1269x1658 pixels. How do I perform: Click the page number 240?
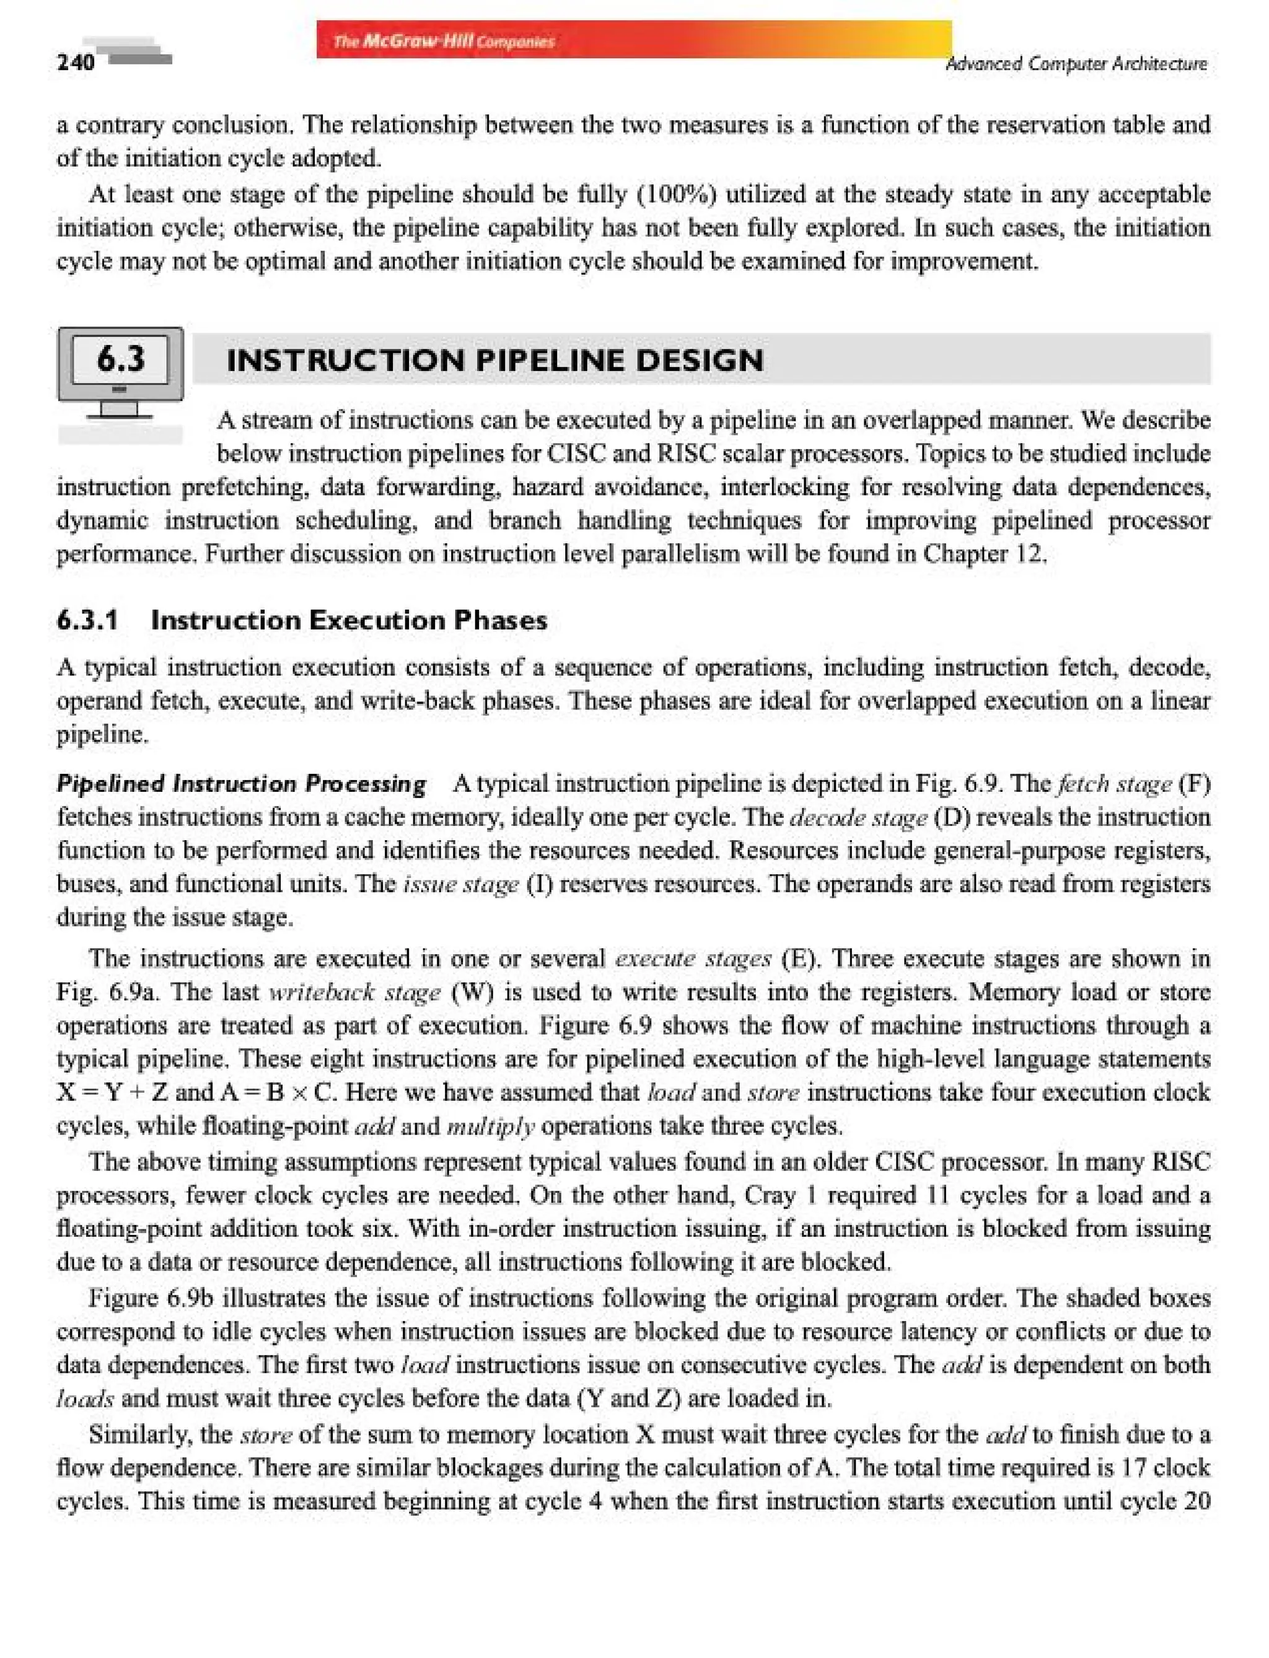pos(76,62)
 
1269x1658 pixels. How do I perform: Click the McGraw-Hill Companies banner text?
pos(444,42)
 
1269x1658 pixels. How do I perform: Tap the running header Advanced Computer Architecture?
pos(1076,64)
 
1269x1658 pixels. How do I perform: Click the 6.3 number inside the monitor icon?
pos(120,358)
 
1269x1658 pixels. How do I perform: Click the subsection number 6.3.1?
pos(87,620)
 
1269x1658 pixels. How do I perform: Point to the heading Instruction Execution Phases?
pos(349,620)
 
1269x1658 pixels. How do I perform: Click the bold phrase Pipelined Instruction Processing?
pos(241,783)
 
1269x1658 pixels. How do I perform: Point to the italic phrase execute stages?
pos(693,958)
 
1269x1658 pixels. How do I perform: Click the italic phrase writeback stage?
pos(354,992)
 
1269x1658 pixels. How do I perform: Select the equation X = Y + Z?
pos(114,1092)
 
